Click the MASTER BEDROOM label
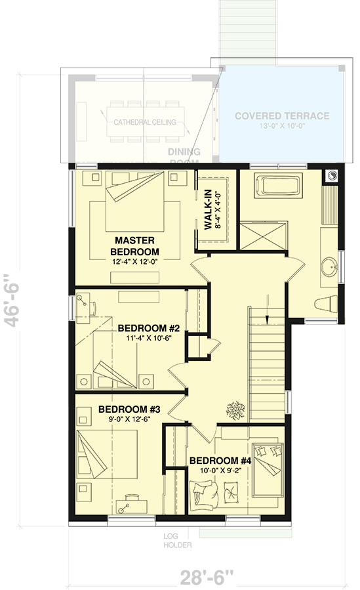(x=136, y=245)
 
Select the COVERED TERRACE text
(x=282, y=116)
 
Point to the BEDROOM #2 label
(x=144, y=328)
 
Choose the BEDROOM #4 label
(x=216, y=460)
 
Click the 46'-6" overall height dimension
(x=14, y=299)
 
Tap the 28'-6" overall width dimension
(x=207, y=578)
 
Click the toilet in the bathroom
(x=325, y=303)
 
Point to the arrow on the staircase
(x=268, y=319)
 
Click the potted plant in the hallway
(x=233, y=410)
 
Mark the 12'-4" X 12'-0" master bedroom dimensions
(x=136, y=261)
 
